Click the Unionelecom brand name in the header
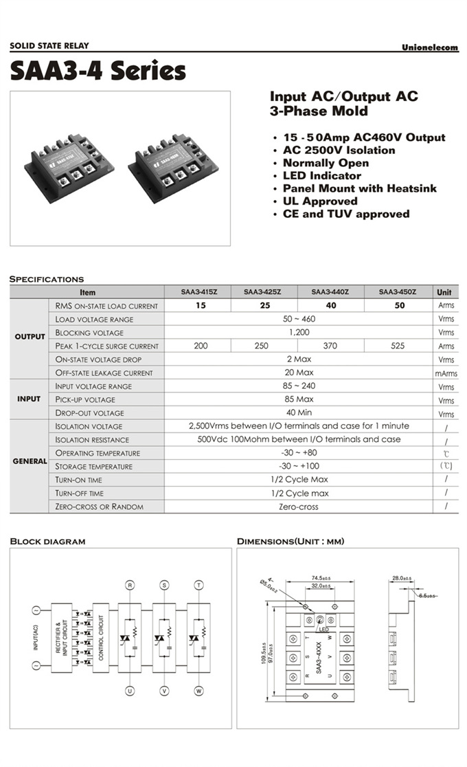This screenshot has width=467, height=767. (429, 47)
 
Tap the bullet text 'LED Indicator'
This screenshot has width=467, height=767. (321, 175)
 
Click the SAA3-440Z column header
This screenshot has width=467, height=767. (330, 292)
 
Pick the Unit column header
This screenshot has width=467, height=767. (445, 292)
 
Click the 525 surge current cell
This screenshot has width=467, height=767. (398, 346)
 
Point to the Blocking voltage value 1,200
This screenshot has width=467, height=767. (298, 333)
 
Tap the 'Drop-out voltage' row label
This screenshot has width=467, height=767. (90, 413)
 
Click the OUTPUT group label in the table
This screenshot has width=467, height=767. (30, 337)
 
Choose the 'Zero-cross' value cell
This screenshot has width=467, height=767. (298, 507)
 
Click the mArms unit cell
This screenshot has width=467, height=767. (446, 373)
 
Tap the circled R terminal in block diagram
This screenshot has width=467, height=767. (130, 585)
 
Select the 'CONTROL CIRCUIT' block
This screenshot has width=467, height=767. (101, 636)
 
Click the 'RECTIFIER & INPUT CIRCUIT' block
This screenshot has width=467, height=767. (62, 636)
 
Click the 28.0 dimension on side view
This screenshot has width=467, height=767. (402, 578)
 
